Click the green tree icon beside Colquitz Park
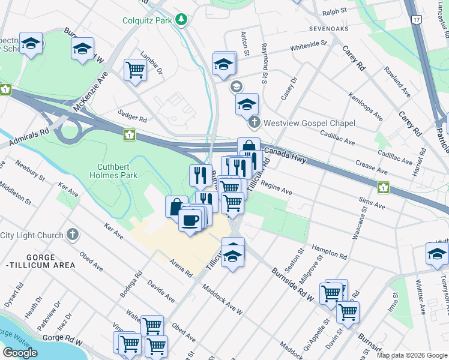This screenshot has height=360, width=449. click(x=181, y=20)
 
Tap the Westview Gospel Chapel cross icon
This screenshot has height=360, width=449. click(x=254, y=123)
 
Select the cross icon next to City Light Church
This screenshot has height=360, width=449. click(x=73, y=235)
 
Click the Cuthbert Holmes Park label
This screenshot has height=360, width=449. click(x=118, y=171)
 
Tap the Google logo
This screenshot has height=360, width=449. click(x=20, y=352)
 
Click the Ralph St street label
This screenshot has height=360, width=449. click(x=335, y=11)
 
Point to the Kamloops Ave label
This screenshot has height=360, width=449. click(x=366, y=106)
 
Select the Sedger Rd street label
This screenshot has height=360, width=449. click(x=133, y=119)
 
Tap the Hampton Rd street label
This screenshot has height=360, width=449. click(x=330, y=253)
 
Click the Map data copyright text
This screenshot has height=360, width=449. click(x=412, y=355)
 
